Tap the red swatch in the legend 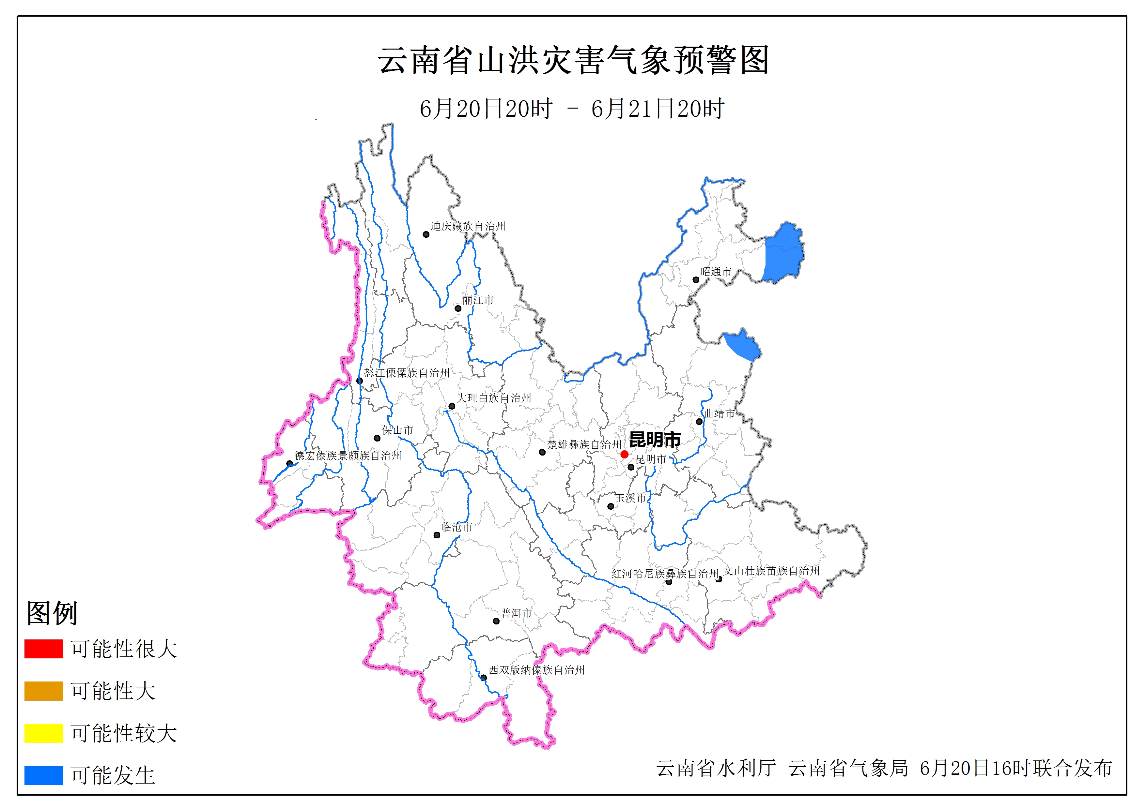[43, 649]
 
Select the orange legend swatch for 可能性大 [43, 691]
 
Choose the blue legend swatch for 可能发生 [43, 775]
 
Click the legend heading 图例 [52, 613]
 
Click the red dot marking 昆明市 [624, 454]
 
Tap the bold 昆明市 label [655, 440]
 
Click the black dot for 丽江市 [458, 308]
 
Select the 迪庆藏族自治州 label [468, 226]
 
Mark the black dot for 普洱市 [496, 621]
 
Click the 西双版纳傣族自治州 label [536, 670]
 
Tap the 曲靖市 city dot [699, 422]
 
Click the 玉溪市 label [630, 498]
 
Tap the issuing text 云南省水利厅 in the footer [716, 768]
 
